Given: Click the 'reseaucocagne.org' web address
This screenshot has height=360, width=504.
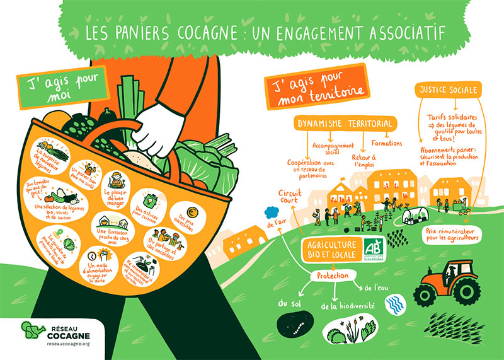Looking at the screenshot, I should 69,345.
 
